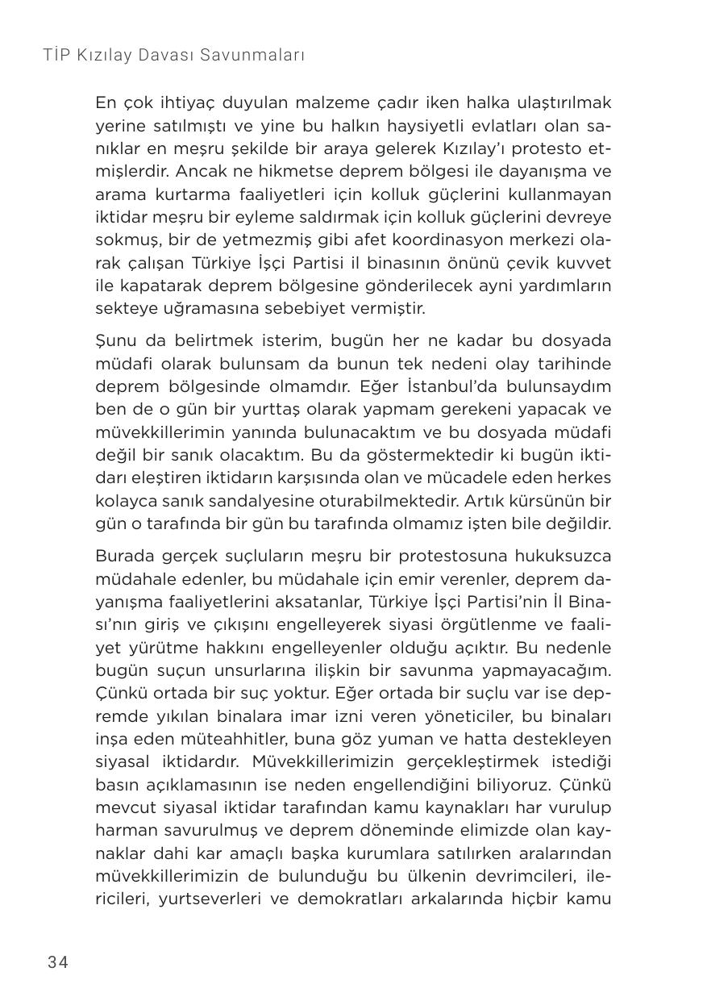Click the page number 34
tap(58, 961)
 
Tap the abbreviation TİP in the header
tap(59, 56)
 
